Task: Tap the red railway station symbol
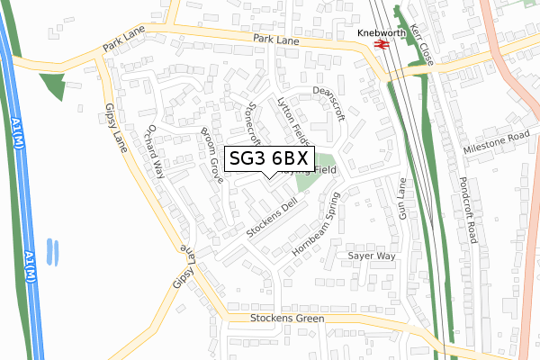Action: [x=381, y=45]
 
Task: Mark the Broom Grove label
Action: [x=211, y=156]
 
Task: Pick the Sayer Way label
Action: [x=372, y=256]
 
